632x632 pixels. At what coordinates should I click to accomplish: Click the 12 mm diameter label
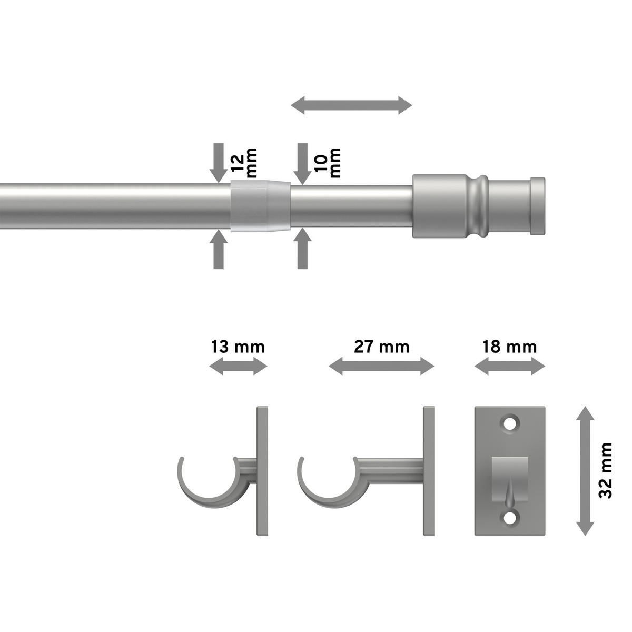pyautogui.click(x=243, y=163)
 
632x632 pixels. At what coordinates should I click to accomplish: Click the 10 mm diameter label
pyautogui.click(x=327, y=163)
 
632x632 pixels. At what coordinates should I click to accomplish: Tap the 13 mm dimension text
pyautogui.click(x=238, y=347)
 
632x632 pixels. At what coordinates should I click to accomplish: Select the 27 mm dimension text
pyautogui.click(x=382, y=347)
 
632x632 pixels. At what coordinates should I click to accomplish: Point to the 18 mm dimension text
pyautogui.click(x=510, y=347)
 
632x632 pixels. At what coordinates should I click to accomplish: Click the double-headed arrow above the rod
pyautogui.click(x=352, y=105)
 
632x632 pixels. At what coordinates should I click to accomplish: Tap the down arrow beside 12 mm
pyautogui.click(x=219, y=163)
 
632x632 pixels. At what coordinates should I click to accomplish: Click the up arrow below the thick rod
pyautogui.click(x=219, y=249)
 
